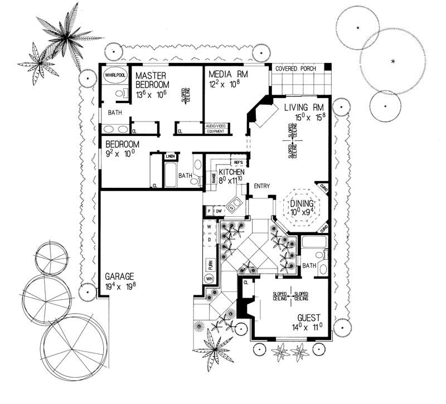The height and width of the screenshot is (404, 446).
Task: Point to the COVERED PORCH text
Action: click(295, 69)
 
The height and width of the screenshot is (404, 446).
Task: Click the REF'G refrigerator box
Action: click(237, 163)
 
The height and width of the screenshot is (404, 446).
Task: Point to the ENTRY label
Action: click(262, 186)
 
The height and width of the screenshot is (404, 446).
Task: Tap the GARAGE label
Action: click(120, 276)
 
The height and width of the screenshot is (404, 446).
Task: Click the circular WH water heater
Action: click(210, 279)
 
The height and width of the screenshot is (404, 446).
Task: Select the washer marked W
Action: click(209, 227)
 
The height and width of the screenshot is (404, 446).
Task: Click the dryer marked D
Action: click(209, 240)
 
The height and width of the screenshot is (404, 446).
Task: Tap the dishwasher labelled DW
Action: click(220, 211)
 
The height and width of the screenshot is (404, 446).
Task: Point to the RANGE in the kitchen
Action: click(214, 178)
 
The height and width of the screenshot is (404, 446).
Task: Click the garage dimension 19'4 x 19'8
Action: click(120, 287)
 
